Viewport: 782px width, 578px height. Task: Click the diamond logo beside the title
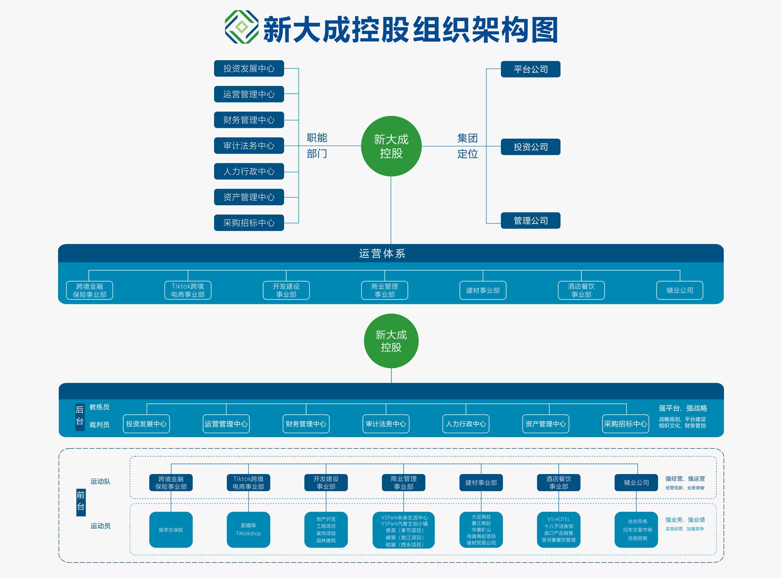tap(242, 27)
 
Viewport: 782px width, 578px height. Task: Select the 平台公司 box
tap(530, 69)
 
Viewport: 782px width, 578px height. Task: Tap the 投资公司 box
tap(530, 147)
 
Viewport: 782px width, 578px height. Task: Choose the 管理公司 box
tap(530, 221)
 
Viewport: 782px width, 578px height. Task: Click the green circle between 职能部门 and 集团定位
tap(391, 146)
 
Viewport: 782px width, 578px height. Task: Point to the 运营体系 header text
tap(382, 253)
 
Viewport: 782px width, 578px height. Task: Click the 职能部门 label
tap(317, 146)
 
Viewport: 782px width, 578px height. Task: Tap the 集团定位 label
tap(467, 146)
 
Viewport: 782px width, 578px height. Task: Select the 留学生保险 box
tap(171, 530)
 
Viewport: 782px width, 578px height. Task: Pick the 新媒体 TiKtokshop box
tap(248, 530)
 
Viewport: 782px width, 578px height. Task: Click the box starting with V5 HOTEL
tap(558, 530)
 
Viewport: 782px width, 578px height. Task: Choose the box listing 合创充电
tap(637, 530)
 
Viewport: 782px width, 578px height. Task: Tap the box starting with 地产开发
tap(326, 530)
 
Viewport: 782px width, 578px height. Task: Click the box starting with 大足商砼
tap(481, 530)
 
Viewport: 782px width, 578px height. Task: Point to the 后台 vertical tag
tap(80, 416)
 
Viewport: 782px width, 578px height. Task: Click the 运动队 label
tap(100, 482)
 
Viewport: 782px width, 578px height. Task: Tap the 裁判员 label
tap(99, 425)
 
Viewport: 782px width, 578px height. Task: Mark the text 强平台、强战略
tap(683, 408)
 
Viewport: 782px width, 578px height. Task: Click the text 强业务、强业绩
tap(685, 520)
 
